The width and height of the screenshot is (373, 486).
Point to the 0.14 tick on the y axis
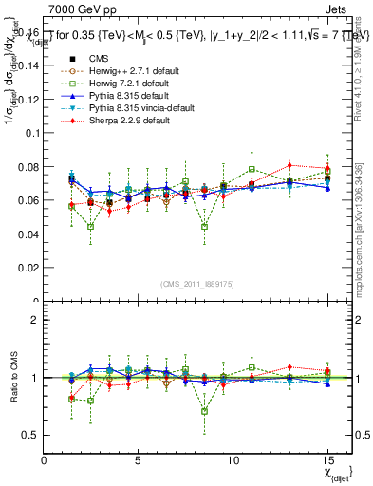(28, 65)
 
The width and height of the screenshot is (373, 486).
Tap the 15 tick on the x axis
(327, 458)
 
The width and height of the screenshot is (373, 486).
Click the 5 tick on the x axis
(139, 458)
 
